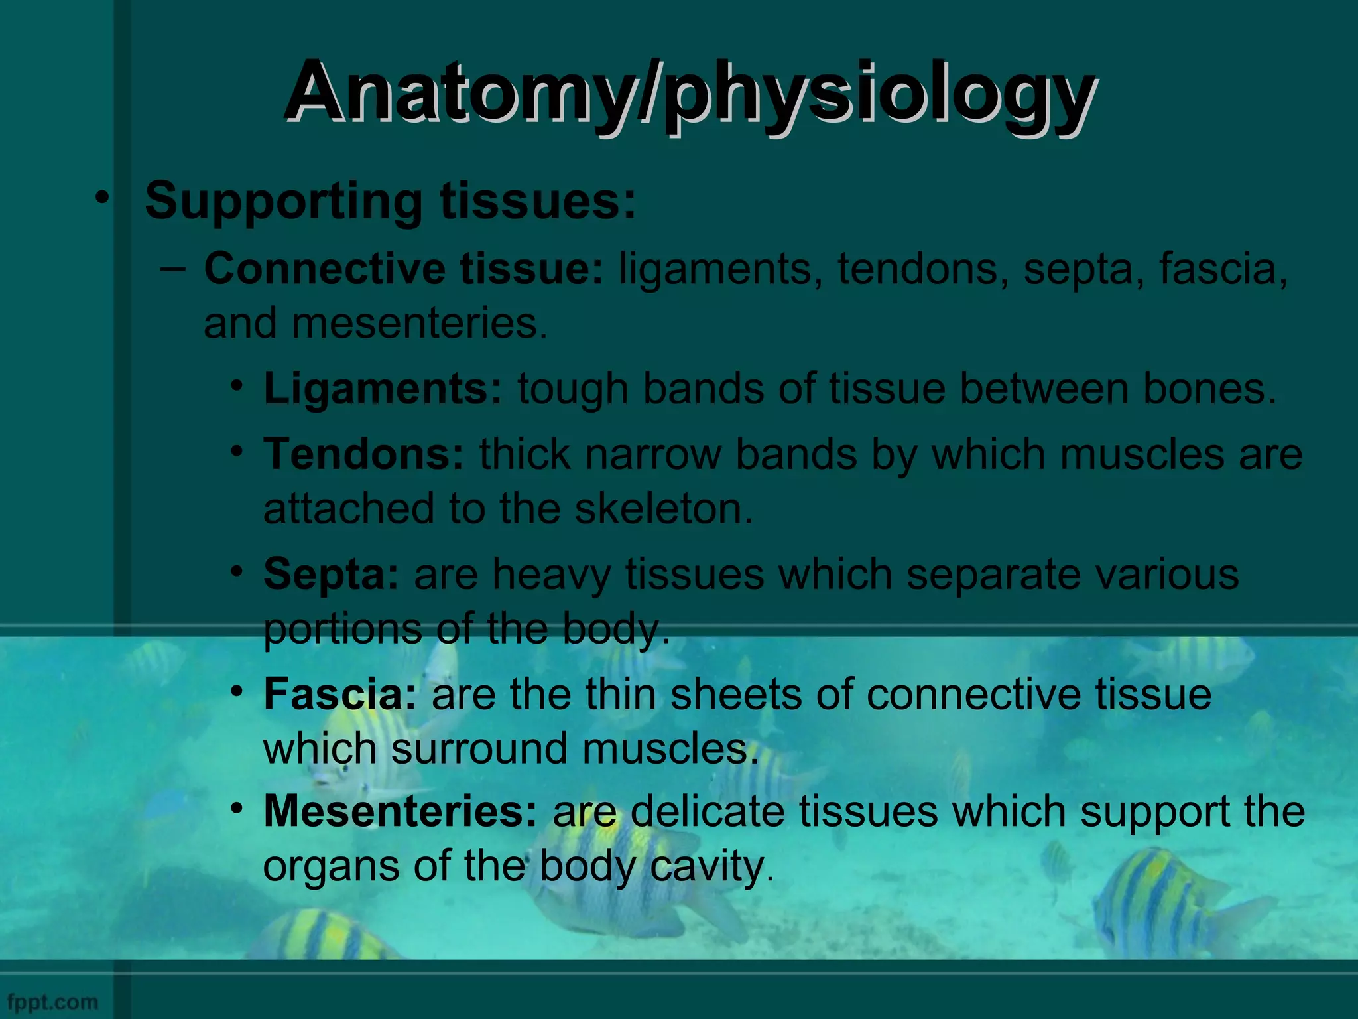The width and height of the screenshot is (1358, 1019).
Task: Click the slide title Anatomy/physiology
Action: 690,93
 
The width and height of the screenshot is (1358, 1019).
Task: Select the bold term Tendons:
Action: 363,454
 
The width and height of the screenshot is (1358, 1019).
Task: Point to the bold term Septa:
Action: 331,574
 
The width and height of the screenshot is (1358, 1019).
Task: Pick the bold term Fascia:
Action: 339,694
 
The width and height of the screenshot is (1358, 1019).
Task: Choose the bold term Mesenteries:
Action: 401,811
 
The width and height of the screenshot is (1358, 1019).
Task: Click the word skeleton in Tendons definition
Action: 663,509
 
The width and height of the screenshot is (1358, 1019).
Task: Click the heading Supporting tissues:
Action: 390,200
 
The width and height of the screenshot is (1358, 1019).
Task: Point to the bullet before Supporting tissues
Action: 101,198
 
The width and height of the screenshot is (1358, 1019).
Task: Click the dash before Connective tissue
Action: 173,269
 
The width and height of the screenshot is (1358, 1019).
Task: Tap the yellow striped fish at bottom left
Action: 325,935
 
